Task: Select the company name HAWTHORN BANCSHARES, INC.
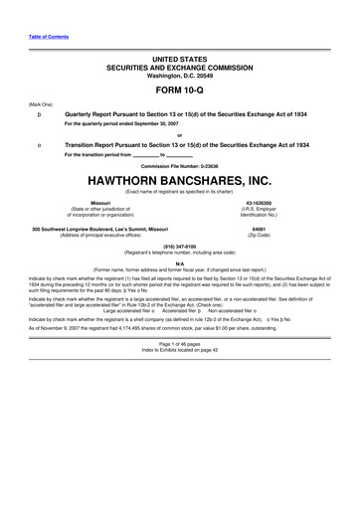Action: pyautogui.click(x=179, y=182)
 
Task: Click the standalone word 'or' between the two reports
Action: pyautogui.click(x=179, y=135)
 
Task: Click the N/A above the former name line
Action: pyautogui.click(x=179, y=263)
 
